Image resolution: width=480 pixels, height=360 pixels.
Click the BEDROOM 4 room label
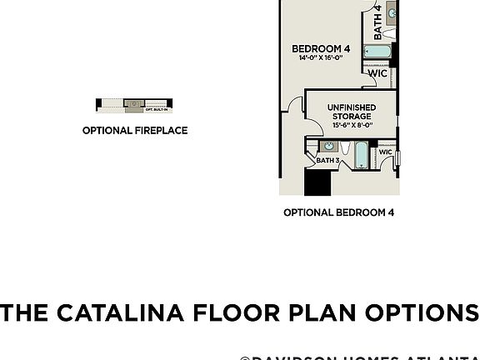click(x=321, y=49)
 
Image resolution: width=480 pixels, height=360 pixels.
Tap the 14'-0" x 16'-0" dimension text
click(x=321, y=59)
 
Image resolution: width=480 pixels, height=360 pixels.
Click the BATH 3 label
click(x=327, y=160)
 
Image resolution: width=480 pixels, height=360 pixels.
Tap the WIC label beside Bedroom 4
click(x=377, y=73)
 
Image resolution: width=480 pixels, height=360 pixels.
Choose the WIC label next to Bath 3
click(x=386, y=152)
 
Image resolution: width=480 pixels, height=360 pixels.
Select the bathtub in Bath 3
click(x=360, y=155)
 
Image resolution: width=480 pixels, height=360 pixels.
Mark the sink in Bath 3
click(x=324, y=147)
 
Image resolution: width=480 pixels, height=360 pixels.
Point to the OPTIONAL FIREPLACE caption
click(x=134, y=131)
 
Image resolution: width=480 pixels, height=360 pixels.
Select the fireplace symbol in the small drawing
click(x=134, y=103)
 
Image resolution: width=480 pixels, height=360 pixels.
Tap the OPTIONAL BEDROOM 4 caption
click(x=338, y=212)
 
